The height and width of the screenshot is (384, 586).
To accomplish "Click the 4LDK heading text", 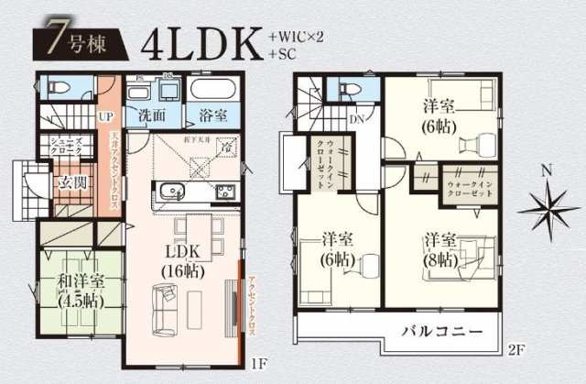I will click(x=201, y=43).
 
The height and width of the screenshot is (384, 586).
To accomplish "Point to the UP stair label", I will click(x=105, y=117).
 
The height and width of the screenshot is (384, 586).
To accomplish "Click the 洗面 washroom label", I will click(x=152, y=117).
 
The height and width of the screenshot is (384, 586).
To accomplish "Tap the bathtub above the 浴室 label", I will click(x=213, y=92).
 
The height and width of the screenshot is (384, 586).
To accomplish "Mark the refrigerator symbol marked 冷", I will click(x=228, y=147).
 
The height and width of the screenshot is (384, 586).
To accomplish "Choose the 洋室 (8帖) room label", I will click(x=440, y=248).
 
